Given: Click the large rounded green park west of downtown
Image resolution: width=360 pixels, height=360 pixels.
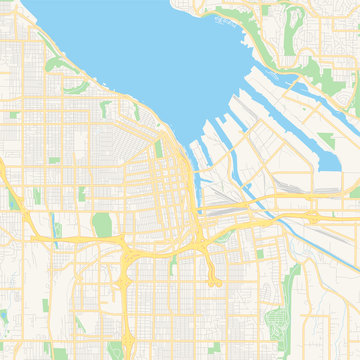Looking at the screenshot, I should click(101, 225).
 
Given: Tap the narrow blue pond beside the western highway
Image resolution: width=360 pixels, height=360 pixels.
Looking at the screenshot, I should click(57, 231).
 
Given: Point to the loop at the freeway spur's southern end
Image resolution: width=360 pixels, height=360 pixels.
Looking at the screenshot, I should click(215, 283).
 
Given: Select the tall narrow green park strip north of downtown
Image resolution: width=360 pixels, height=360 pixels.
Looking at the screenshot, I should click(158, 150).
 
